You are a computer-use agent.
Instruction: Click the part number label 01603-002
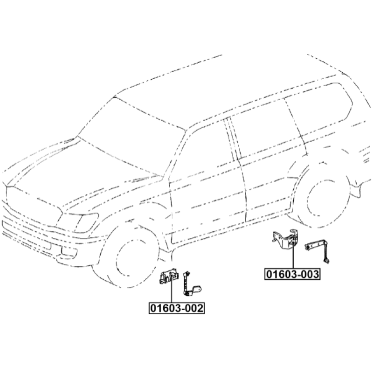pyautogui.click(x=177, y=308)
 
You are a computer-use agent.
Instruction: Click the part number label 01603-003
pyautogui.click(x=292, y=274)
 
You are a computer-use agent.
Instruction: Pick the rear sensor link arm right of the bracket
pyautogui.click(x=318, y=250)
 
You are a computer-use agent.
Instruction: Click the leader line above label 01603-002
pyautogui.click(x=171, y=289)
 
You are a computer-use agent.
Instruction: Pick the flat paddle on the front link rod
pyautogui.click(x=197, y=289)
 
